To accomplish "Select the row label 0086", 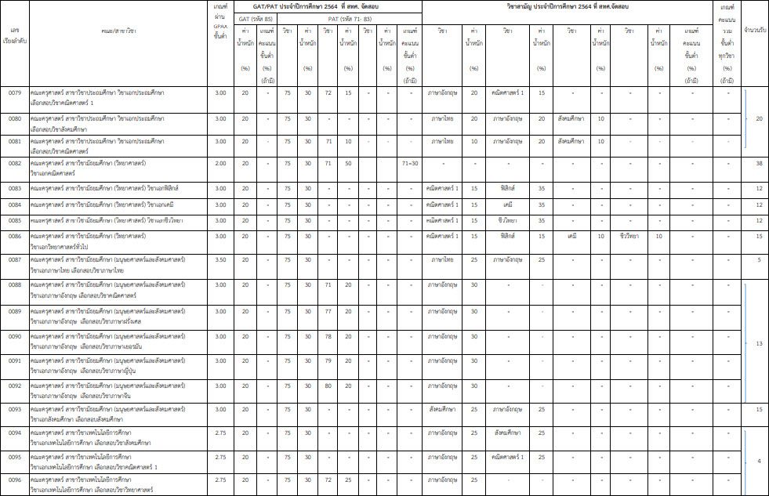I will pos(15,235).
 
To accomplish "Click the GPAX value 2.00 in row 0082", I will pos(221,163).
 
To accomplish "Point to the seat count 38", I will pos(758,163).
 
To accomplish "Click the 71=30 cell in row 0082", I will pos(411,163).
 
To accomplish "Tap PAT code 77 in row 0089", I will pos(328,312).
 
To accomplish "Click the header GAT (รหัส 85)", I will pos(256,16).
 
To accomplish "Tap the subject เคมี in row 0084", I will pos(506,205).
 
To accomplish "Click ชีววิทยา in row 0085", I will pos(506,220).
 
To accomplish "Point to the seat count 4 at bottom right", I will pos(758,461).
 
